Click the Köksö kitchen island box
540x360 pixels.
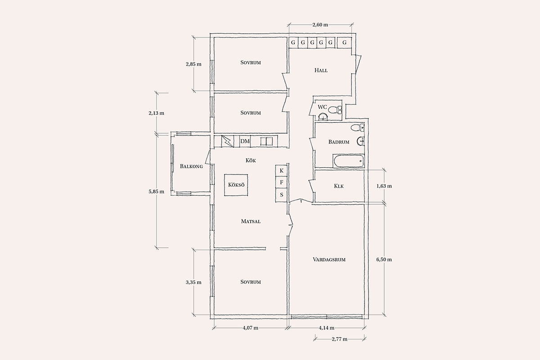click(x=236, y=185)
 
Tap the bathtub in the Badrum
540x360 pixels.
click(x=348, y=161)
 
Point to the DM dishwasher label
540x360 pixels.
click(x=245, y=141)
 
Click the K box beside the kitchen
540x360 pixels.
click(x=281, y=171)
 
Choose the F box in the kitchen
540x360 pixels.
click(x=281, y=183)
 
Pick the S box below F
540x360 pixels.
click(x=281, y=195)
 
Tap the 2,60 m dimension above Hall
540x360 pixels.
click(x=320, y=25)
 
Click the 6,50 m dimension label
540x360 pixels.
click(x=384, y=260)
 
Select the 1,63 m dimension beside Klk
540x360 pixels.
click(x=384, y=186)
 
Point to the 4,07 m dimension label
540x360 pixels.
click(x=251, y=328)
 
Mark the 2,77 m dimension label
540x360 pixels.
click(x=339, y=339)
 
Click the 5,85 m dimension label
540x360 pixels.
click(x=157, y=192)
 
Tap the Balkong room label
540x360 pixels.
click(x=191, y=166)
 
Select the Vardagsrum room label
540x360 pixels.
click(x=329, y=260)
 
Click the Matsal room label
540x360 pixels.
click(x=251, y=221)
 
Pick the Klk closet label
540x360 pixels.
click(x=339, y=186)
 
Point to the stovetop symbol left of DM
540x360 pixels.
click(x=228, y=141)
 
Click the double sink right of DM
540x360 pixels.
click(x=266, y=141)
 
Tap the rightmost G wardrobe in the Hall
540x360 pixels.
click(x=344, y=43)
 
